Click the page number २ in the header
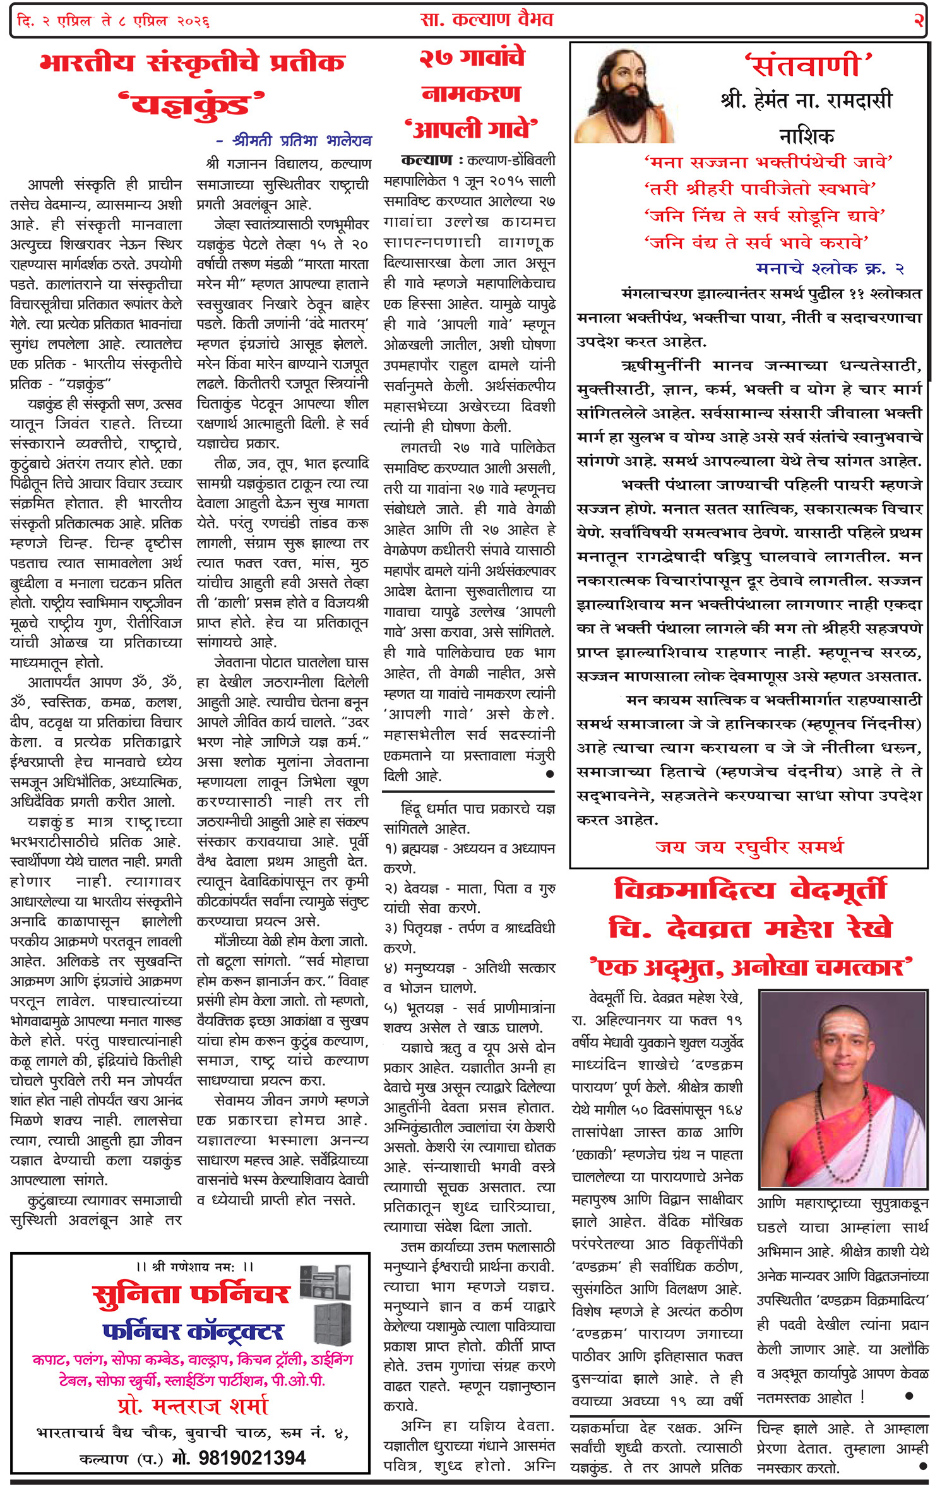coord(918,21)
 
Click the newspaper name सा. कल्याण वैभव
coord(486,20)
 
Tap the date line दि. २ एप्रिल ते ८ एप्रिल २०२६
coord(114,21)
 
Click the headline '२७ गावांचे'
coord(472,58)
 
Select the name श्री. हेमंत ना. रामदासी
coord(806,100)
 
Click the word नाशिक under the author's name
coord(806,135)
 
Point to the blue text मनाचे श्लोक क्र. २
coord(830,268)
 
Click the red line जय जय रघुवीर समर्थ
coord(749,847)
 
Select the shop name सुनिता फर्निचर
coord(191,1296)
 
